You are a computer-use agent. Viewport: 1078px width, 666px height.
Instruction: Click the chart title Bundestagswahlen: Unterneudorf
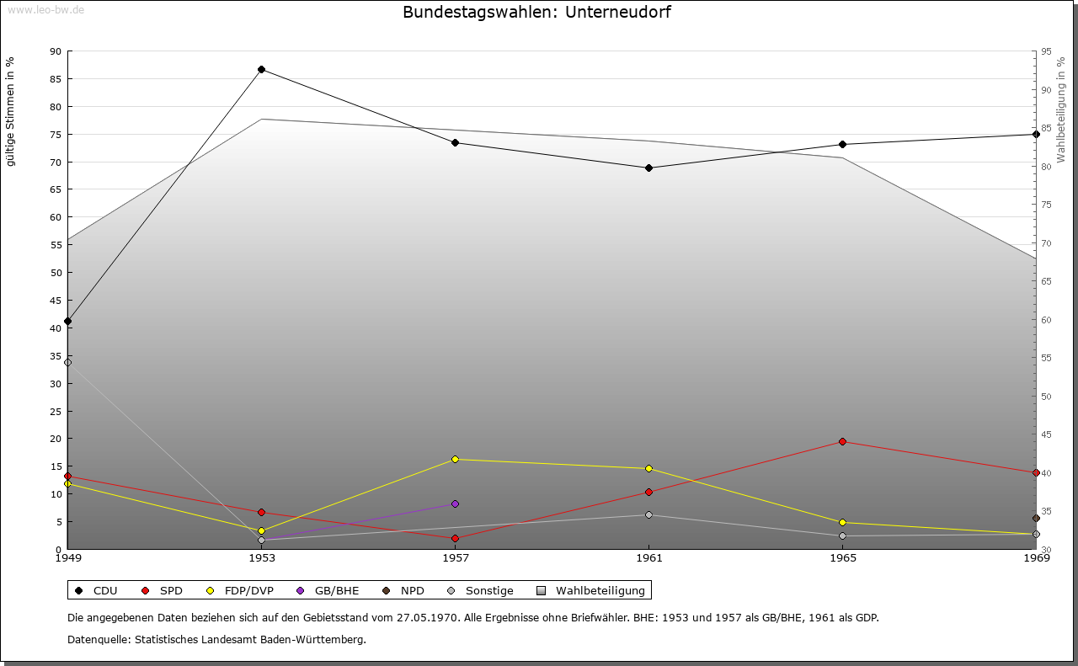(x=536, y=12)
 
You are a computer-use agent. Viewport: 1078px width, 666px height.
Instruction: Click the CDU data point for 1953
(x=261, y=69)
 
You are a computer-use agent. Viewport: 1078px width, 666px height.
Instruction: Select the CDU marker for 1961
(x=648, y=168)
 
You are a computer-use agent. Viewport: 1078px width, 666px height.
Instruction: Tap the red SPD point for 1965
(x=842, y=441)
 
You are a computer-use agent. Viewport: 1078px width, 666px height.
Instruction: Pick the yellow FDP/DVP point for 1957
(x=455, y=459)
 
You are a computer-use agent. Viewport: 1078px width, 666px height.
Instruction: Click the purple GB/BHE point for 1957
(x=455, y=503)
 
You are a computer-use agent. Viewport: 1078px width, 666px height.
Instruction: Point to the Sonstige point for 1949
(x=67, y=362)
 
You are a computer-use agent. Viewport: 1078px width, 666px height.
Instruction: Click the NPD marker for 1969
(x=1036, y=518)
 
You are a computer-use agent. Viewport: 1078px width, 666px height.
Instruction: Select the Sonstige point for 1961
(x=648, y=514)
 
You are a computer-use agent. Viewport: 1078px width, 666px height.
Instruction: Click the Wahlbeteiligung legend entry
(x=591, y=590)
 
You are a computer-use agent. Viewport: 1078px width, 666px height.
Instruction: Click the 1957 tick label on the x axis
(x=455, y=557)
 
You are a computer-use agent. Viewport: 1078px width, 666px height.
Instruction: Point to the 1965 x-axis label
(x=842, y=557)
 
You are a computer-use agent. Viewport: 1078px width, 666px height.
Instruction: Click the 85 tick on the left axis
(x=55, y=79)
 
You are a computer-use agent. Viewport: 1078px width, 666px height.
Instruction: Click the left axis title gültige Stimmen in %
(x=11, y=112)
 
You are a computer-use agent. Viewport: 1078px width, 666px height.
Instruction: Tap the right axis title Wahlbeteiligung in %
(x=1060, y=110)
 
